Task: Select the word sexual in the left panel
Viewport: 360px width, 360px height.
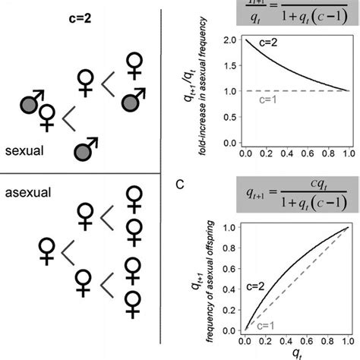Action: pos(24,151)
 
